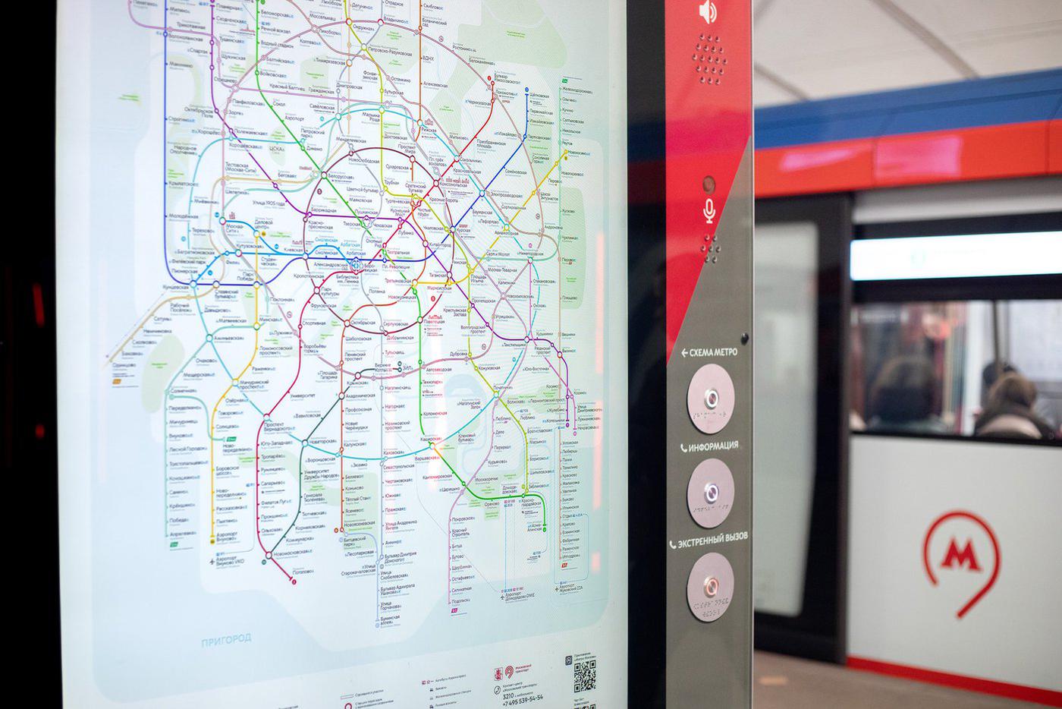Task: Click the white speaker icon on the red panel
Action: click(709, 12)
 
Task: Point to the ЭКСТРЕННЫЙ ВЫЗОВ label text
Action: click(712, 537)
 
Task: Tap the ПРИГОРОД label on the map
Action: click(226, 639)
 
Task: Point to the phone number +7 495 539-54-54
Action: click(523, 698)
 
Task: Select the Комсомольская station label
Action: click(457, 184)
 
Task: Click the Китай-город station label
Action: click(440, 244)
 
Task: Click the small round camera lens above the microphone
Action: click(709, 184)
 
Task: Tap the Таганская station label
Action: click(441, 276)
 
